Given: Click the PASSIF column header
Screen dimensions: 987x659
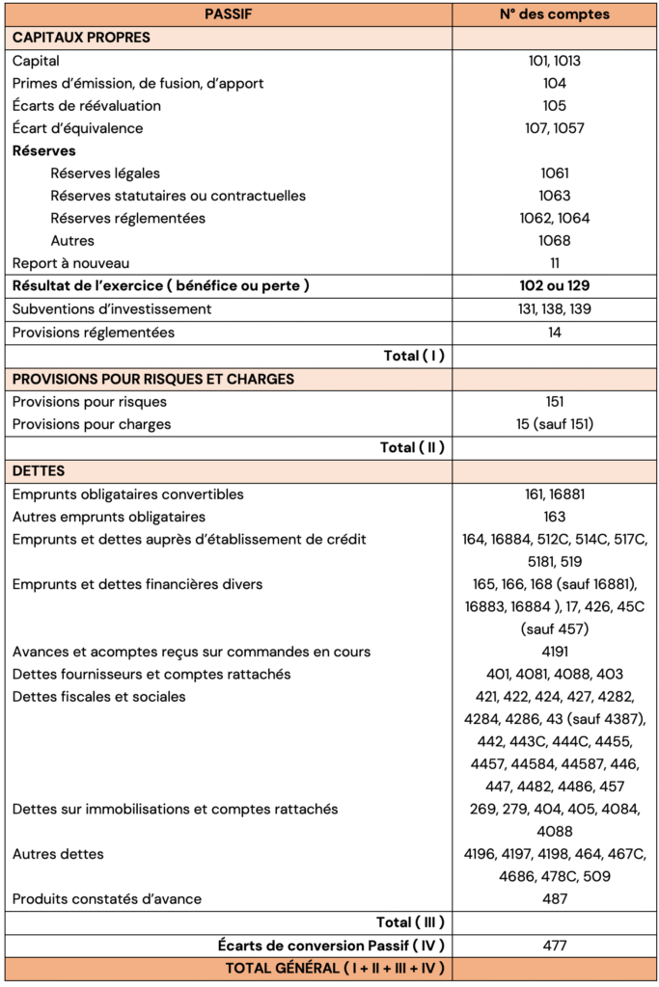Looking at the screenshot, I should point(228,14).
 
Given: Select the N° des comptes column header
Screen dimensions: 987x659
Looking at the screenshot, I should point(555,14).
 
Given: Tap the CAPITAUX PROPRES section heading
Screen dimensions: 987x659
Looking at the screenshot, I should point(81,38).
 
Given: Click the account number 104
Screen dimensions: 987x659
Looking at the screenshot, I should point(555,83).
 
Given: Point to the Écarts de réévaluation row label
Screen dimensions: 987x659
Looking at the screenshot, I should point(87,105).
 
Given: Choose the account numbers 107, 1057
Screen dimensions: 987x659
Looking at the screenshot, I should point(555,128).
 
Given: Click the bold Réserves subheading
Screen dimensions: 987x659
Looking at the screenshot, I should point(44,150).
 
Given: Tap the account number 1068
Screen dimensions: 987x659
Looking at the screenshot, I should point(555,240).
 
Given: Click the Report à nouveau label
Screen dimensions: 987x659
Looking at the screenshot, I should point(71,263).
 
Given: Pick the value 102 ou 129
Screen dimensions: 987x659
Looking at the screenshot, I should point(555,286).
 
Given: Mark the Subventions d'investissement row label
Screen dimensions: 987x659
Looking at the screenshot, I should point(112,309).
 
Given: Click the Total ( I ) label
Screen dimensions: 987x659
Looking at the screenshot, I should point(414,356).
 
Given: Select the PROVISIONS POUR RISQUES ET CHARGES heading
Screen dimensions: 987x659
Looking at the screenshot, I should point(153,379).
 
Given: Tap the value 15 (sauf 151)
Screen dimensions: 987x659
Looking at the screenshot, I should point(555,424).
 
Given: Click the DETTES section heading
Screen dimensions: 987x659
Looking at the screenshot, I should point(39,470).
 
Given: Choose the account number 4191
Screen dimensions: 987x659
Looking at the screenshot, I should point(555,652).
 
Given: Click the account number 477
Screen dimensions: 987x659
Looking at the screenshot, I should point(555,946).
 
